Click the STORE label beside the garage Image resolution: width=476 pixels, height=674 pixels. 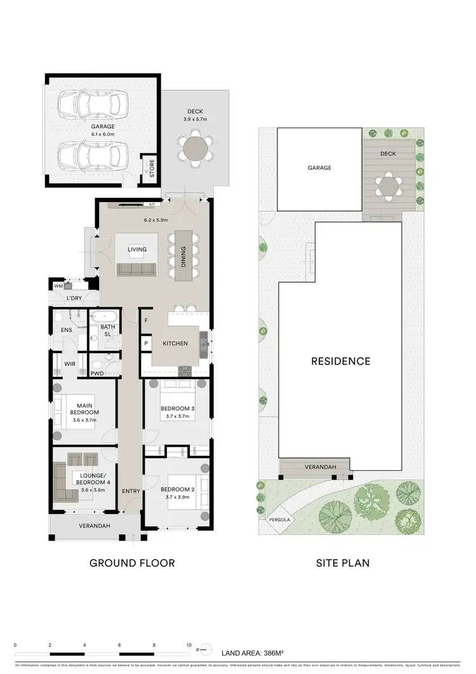[151, 168]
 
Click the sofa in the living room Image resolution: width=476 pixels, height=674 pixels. [136, 269]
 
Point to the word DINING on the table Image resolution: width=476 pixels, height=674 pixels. [183, 255]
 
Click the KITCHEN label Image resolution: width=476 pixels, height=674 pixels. [175, 343]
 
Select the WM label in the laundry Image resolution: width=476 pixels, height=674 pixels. [58, 286]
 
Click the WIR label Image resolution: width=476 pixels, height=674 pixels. [70, 364]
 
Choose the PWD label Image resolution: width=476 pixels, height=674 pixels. [97, 374]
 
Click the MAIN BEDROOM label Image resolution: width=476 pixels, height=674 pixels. [85, 408]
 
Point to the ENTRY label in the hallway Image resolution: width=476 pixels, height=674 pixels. [131, 490]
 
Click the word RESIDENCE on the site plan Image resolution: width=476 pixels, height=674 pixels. [340, 361]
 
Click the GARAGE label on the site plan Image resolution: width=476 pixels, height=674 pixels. [320, 168]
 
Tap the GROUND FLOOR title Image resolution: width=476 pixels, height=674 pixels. [132, 563]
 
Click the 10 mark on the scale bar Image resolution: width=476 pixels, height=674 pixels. [188, 645]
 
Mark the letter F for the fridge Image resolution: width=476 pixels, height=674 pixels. [146, 321]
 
